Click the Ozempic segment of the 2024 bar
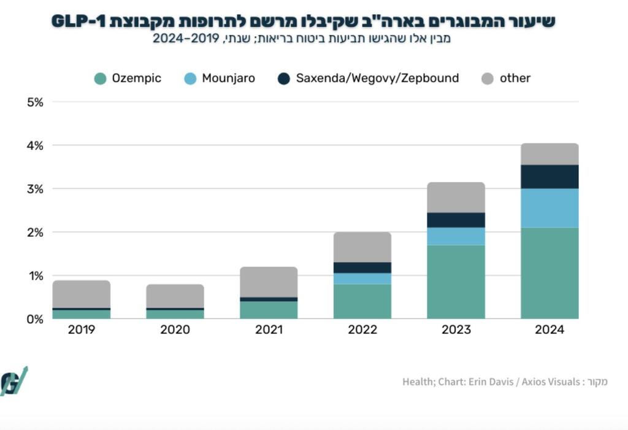[x=549, y=273]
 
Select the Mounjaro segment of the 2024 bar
[x=549, y=208]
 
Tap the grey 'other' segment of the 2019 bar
[x=82, y=294]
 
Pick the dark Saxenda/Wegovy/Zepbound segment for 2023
[x=456, y=220]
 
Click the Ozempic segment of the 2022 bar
[x=362, y=301]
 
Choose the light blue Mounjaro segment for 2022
[x=362, y=278]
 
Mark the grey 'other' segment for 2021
[x=269, y=282]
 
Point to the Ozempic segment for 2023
[x=456, y=282]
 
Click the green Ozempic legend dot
[x=101, y=79]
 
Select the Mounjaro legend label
[x=228, y=79]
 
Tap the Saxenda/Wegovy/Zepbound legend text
[x=377, y=79]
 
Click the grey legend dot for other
[x=488, y=79]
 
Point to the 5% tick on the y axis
[x=35, y=102]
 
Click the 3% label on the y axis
[x=35, y=189]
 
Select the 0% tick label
[x=35, y=319]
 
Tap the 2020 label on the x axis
[x=175, y=330]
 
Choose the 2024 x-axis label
[x=549, y=330]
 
